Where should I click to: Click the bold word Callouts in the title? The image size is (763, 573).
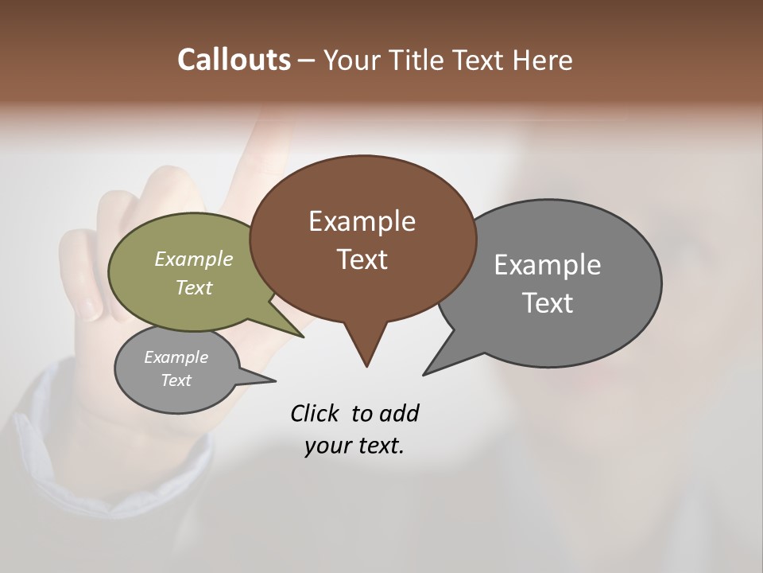(x=234, y=60)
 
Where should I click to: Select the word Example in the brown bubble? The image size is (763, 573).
(x=362, y=221)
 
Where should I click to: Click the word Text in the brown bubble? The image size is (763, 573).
(x=362, y=259)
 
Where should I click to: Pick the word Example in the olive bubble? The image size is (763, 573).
(x=193, y=259)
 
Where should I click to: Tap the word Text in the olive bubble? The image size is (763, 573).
(x=193, y=287)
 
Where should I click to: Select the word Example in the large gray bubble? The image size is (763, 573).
(x=547, y=265)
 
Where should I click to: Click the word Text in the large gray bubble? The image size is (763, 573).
(x=547, y=303)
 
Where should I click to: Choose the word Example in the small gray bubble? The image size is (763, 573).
(x=176, y=357)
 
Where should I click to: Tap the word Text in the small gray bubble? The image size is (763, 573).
(x=176, y=380)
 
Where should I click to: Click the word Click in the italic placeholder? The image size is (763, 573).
(x=313, y=413)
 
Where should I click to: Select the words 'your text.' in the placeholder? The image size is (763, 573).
(x=354, y=446)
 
